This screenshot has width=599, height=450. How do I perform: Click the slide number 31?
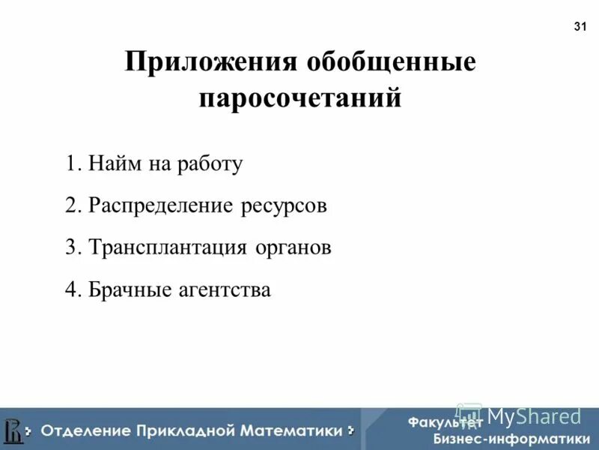coord(580,27)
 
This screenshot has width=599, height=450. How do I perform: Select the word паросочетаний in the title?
coord(299,99)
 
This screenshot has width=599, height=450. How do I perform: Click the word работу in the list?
coord(210,163)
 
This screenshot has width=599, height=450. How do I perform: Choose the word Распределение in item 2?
coord(162,205)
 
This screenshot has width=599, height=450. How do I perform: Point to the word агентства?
coord(224,289)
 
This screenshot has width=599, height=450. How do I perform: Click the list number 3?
coord(71,247)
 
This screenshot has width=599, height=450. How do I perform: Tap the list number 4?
coord(71,289)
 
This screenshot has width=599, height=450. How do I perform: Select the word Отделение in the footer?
coord(85,430)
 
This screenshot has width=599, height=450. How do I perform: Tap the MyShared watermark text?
coord(533,415)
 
